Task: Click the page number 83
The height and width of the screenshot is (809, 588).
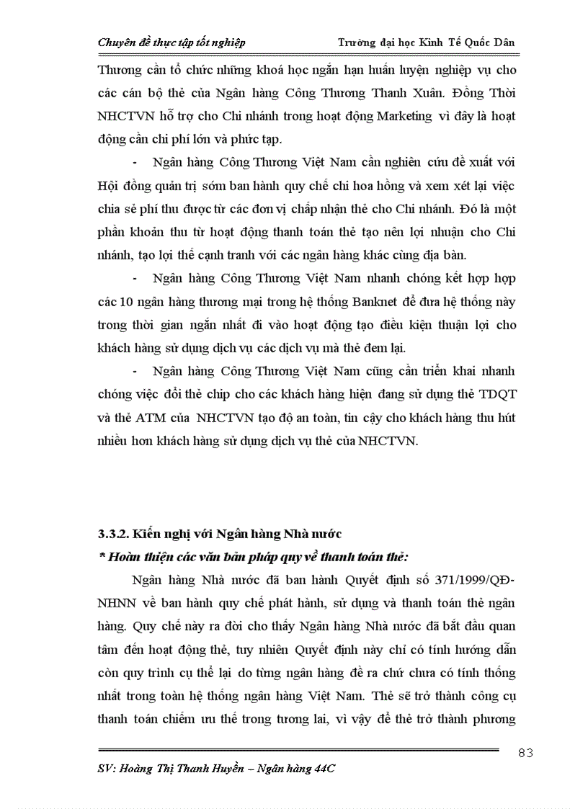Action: tap(525, 753)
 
